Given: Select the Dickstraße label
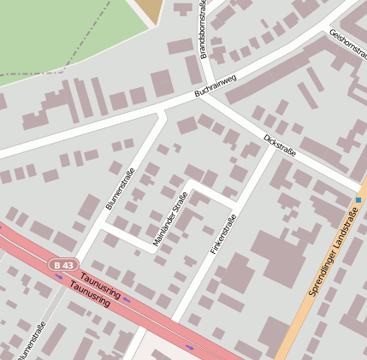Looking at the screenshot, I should pos(280,145).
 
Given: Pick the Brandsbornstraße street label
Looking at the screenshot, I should pos(204,30).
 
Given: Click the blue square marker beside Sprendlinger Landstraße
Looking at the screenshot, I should pos(358,200).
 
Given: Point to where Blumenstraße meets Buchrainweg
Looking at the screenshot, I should pos(163,110).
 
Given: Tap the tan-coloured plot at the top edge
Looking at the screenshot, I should pos(150,10).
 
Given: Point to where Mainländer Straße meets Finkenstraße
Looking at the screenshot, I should pos(232,202).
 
